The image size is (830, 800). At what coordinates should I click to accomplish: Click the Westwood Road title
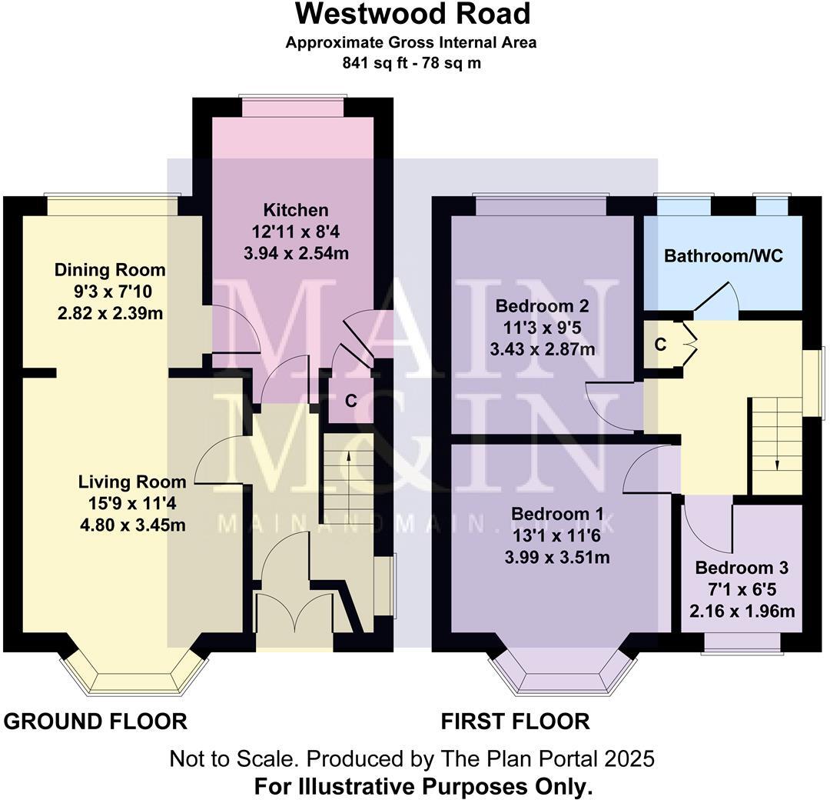pos(412,14)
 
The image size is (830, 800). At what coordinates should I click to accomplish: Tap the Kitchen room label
pos(296,210)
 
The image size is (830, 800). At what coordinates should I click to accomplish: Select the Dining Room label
pos(109,270)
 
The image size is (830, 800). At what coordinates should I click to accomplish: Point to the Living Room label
pos(132,482)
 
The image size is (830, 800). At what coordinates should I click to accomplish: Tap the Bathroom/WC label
pos(723,256)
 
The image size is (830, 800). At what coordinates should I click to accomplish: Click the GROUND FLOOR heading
pos(95,722)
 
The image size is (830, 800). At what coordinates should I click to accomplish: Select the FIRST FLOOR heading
pos(515,722)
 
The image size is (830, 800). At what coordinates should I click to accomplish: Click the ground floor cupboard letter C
pos(350,400)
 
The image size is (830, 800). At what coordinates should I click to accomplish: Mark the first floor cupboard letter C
pos(660,345)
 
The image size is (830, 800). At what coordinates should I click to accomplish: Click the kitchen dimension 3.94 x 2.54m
pos(296,253)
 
